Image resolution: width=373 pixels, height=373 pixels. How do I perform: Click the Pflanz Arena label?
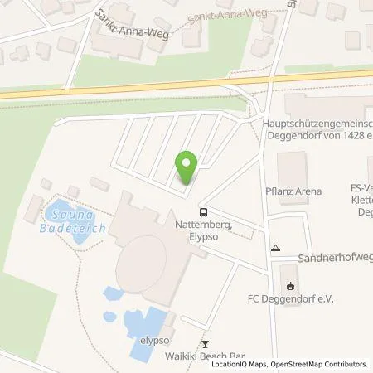(301, 191)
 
